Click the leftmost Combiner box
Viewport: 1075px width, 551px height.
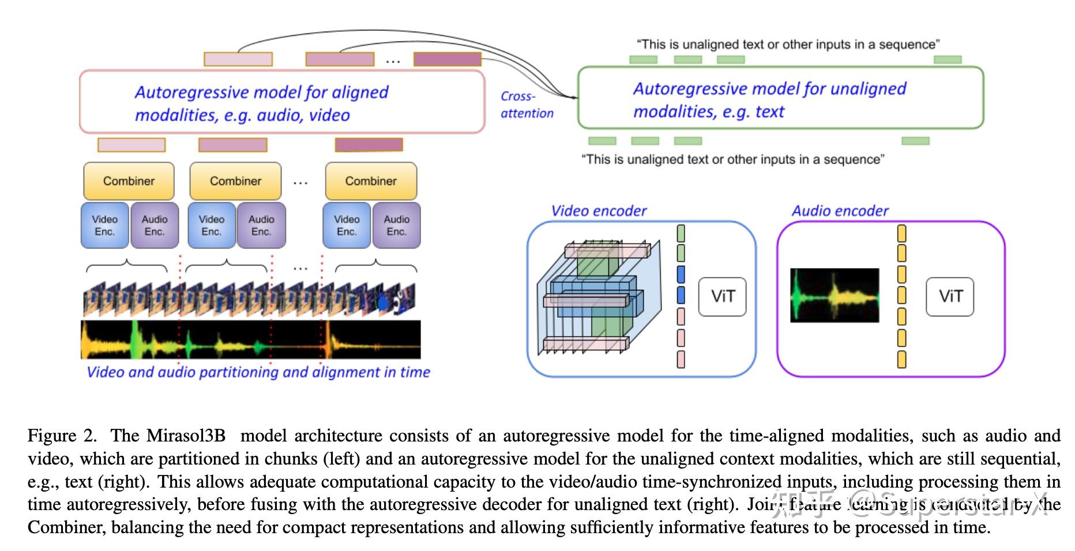tap(129, 181)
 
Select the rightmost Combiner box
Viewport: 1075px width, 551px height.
tap(371, 181)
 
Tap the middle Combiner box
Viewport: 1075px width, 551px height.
tap(235, 181)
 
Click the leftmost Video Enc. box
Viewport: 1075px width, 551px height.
tap(104, 225)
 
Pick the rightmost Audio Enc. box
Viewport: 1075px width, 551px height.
tap(396, 225)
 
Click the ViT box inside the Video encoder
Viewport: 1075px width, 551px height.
tap(722, 297)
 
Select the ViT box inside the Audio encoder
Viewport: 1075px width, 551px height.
tap(949, 297)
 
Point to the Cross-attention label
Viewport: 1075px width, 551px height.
tap(526, 105)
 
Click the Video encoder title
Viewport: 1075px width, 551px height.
tap(599, 211)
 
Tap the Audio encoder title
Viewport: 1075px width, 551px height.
tap(840, 211)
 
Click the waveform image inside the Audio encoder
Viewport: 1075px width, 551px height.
tap(834, 295)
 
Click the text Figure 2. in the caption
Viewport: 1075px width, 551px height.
tap(62, 436)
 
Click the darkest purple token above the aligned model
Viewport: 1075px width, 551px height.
tap(448, 59)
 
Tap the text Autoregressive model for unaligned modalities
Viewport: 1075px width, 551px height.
tap(769, 100)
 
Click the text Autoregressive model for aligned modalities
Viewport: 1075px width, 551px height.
tap(261, 104)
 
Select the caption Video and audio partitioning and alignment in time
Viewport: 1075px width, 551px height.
tap(258, 372)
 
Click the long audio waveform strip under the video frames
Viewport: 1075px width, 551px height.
tap(250, 340)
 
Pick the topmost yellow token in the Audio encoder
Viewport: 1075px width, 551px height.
tap(901, 233)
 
